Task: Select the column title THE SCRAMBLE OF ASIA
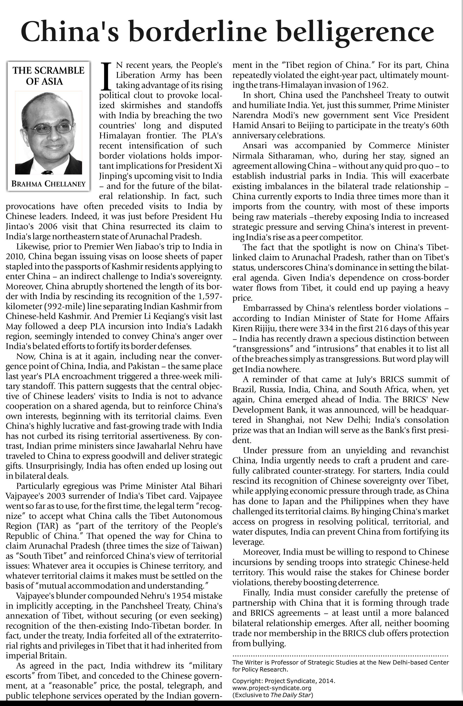coord(48,76)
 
